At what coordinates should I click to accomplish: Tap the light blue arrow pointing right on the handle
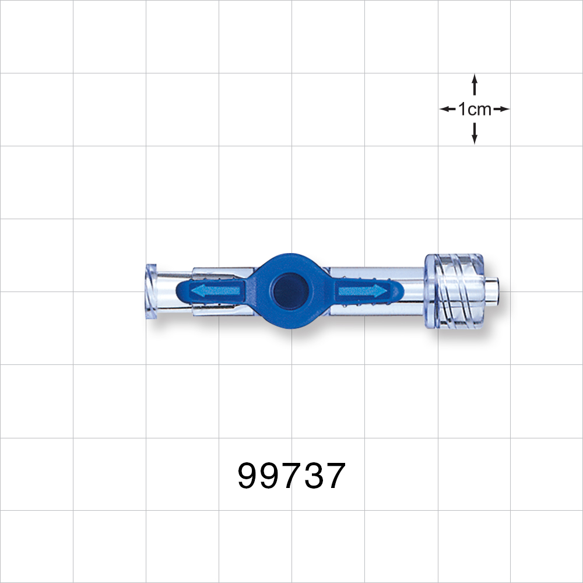(361, 290)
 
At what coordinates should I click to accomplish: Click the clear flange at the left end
(151, 290)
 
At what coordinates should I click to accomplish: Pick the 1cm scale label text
(475, 109)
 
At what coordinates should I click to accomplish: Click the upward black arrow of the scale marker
(475, 84)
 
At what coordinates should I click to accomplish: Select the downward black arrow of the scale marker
(475, 134)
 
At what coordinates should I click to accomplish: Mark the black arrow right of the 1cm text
(501, 109)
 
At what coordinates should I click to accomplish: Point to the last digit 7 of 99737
(335, 476)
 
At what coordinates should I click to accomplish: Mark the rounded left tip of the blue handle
(181, 290)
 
